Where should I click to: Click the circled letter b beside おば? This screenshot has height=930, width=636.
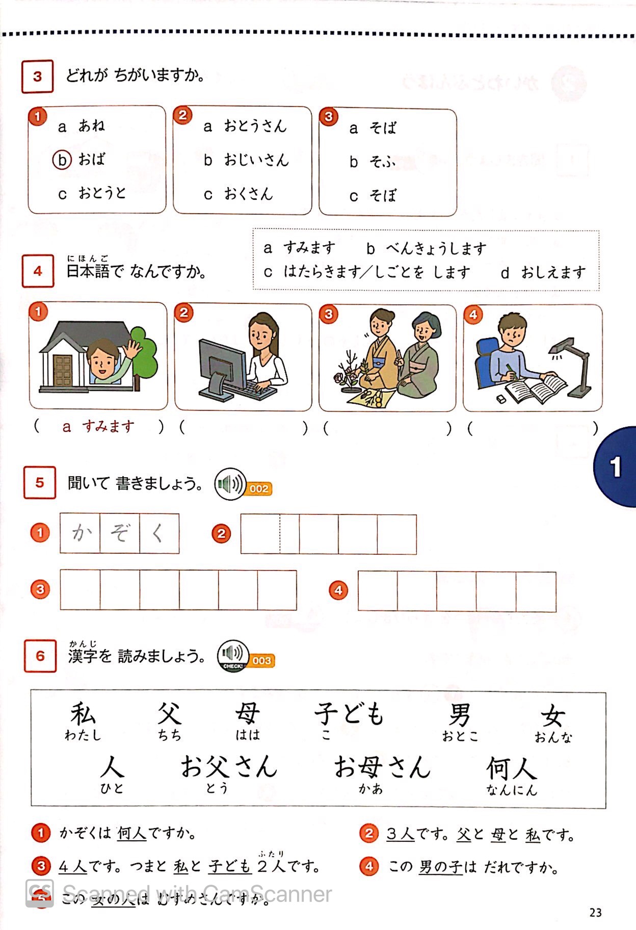[x=62, y=160]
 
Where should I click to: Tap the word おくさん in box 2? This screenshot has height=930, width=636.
[x=248, y=194]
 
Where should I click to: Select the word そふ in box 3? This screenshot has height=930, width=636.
[x=383, y=162]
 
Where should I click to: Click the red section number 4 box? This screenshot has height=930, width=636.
[x=38, y=271]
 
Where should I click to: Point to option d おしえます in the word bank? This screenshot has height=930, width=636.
[x=544, y=273]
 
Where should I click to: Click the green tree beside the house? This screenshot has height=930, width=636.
[x=144, y=352]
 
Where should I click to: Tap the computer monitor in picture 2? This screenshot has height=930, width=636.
[x=223, y=363]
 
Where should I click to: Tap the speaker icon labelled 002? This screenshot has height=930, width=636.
[x=230, y=484]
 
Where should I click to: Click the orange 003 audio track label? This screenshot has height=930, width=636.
[x=261, y=661]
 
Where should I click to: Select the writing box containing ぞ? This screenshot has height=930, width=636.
[x=120, y=533]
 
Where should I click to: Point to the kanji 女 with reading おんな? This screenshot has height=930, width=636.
[x=553, y=716]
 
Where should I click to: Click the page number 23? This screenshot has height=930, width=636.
[x=595, y=913]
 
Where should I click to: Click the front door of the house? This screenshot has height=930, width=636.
[x=63, y=371]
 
